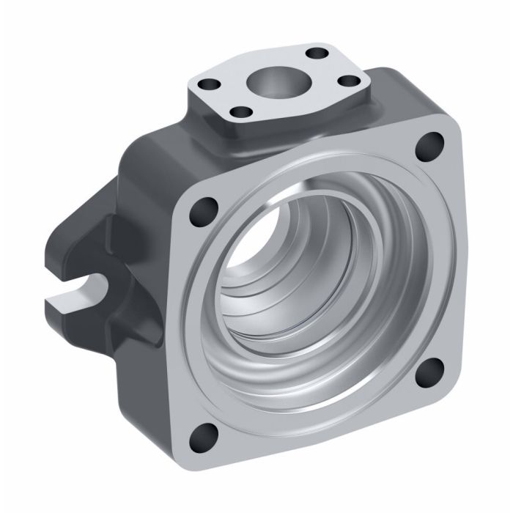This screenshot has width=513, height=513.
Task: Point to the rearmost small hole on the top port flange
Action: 317,53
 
